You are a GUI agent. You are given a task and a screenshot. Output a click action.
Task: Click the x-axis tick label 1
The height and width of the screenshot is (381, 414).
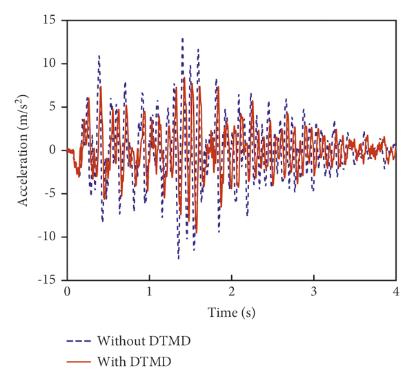point(149,292)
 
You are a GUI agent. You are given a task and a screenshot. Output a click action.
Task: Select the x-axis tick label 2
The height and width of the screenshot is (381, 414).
point(232,292)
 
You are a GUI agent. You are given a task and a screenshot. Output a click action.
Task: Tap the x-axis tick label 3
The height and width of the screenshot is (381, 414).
point(314,292)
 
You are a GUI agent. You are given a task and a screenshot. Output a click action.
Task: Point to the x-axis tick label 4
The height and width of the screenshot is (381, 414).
point(396,292)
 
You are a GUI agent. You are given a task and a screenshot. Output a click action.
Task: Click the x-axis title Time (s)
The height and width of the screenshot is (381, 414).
point(232,312)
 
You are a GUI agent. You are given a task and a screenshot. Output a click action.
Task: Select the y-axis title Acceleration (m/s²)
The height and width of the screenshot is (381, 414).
point(25,150)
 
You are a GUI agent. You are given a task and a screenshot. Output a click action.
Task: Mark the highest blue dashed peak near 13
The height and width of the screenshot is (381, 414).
point(182,39)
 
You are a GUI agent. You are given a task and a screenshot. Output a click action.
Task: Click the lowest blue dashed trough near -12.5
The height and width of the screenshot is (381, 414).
point(178,258)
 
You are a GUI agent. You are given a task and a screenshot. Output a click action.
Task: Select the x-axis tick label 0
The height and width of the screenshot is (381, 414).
point(67,292)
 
